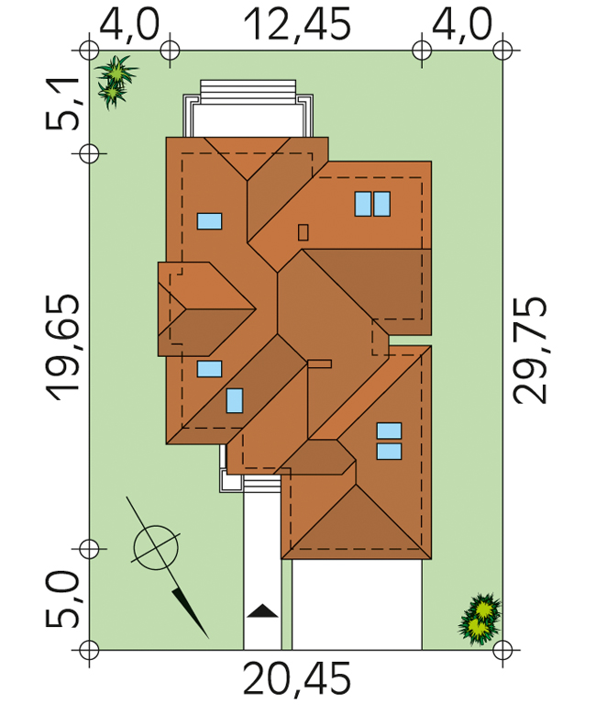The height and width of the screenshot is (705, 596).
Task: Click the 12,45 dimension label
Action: [x=297, y=25]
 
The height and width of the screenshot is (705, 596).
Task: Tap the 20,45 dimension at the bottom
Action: [x=296, y=678]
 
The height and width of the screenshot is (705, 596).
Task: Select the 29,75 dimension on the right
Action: [x=530, y=351]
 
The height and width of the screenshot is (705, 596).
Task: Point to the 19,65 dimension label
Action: [x=62, y=347]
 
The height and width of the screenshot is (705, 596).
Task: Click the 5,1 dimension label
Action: [x=62, y=105]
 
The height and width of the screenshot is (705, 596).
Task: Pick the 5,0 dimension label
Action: [x=62, y=599]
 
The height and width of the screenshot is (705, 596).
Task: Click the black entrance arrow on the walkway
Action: [x=263, y=611]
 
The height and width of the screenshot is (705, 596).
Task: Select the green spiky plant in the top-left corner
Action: [x=116, y=82]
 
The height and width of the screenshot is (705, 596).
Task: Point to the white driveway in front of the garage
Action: [x=357, y=605]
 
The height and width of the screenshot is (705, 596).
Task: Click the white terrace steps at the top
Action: [x=248, y=92]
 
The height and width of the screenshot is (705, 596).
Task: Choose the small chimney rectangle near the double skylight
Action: [x=304, y=232]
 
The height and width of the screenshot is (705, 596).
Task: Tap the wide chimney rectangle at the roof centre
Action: [x=319, y=364]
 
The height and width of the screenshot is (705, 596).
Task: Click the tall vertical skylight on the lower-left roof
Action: [x=235, y=400]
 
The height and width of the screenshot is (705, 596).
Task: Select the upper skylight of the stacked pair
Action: [x=389, y=431]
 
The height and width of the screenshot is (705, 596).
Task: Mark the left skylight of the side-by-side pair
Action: [x=363, y=204]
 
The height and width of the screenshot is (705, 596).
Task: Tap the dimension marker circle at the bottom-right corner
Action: [x=502, y=650]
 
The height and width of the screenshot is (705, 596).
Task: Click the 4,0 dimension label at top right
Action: [x=462, y=25]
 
